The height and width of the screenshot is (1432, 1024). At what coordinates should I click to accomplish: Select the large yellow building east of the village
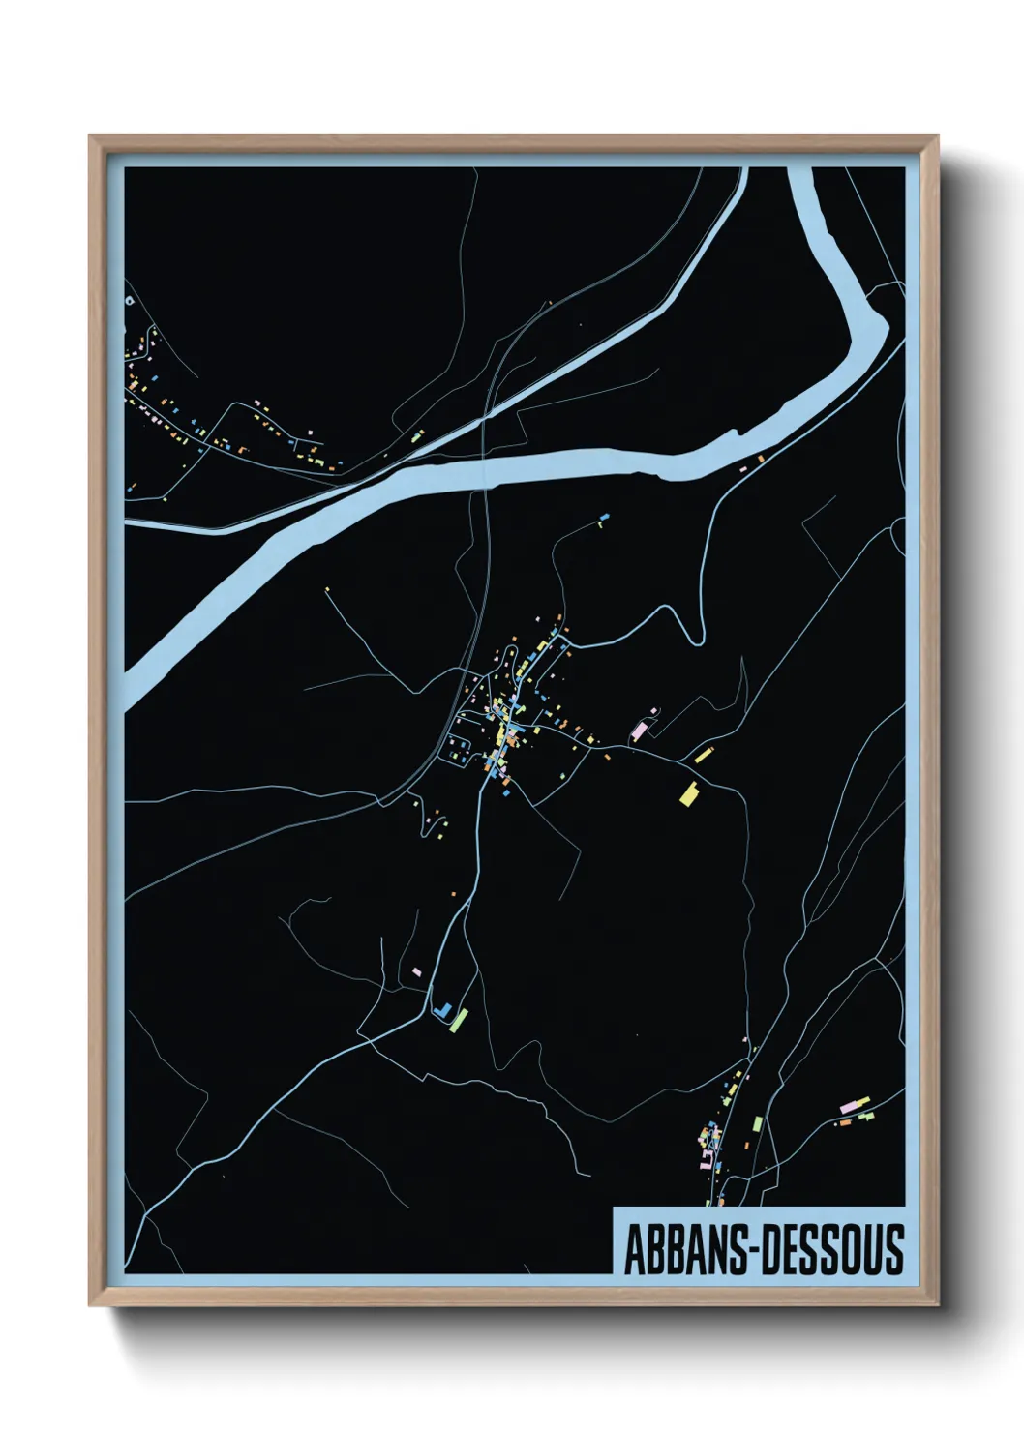(689, 794)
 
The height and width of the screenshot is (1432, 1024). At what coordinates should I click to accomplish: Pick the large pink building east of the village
(639, 729)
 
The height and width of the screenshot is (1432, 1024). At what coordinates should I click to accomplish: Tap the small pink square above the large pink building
(654, 711)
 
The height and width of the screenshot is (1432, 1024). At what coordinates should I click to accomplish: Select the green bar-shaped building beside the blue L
(459, 1018)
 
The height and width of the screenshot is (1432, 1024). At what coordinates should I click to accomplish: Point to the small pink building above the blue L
(417, 970)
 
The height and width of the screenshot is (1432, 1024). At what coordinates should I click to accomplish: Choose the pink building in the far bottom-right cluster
(851, 1105)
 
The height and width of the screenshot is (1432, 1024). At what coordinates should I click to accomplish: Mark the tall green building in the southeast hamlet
(758, 1124)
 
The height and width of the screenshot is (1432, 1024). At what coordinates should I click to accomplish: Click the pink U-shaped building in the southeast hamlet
(708, 1155)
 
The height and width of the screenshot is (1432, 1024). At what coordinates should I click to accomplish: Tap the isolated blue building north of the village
(606, 518)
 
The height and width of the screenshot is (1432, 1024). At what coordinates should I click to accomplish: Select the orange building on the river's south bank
(760, 458)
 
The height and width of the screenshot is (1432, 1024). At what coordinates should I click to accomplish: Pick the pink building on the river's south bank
(743, 468)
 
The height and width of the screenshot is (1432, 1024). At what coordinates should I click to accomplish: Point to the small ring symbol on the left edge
(129, 300)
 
